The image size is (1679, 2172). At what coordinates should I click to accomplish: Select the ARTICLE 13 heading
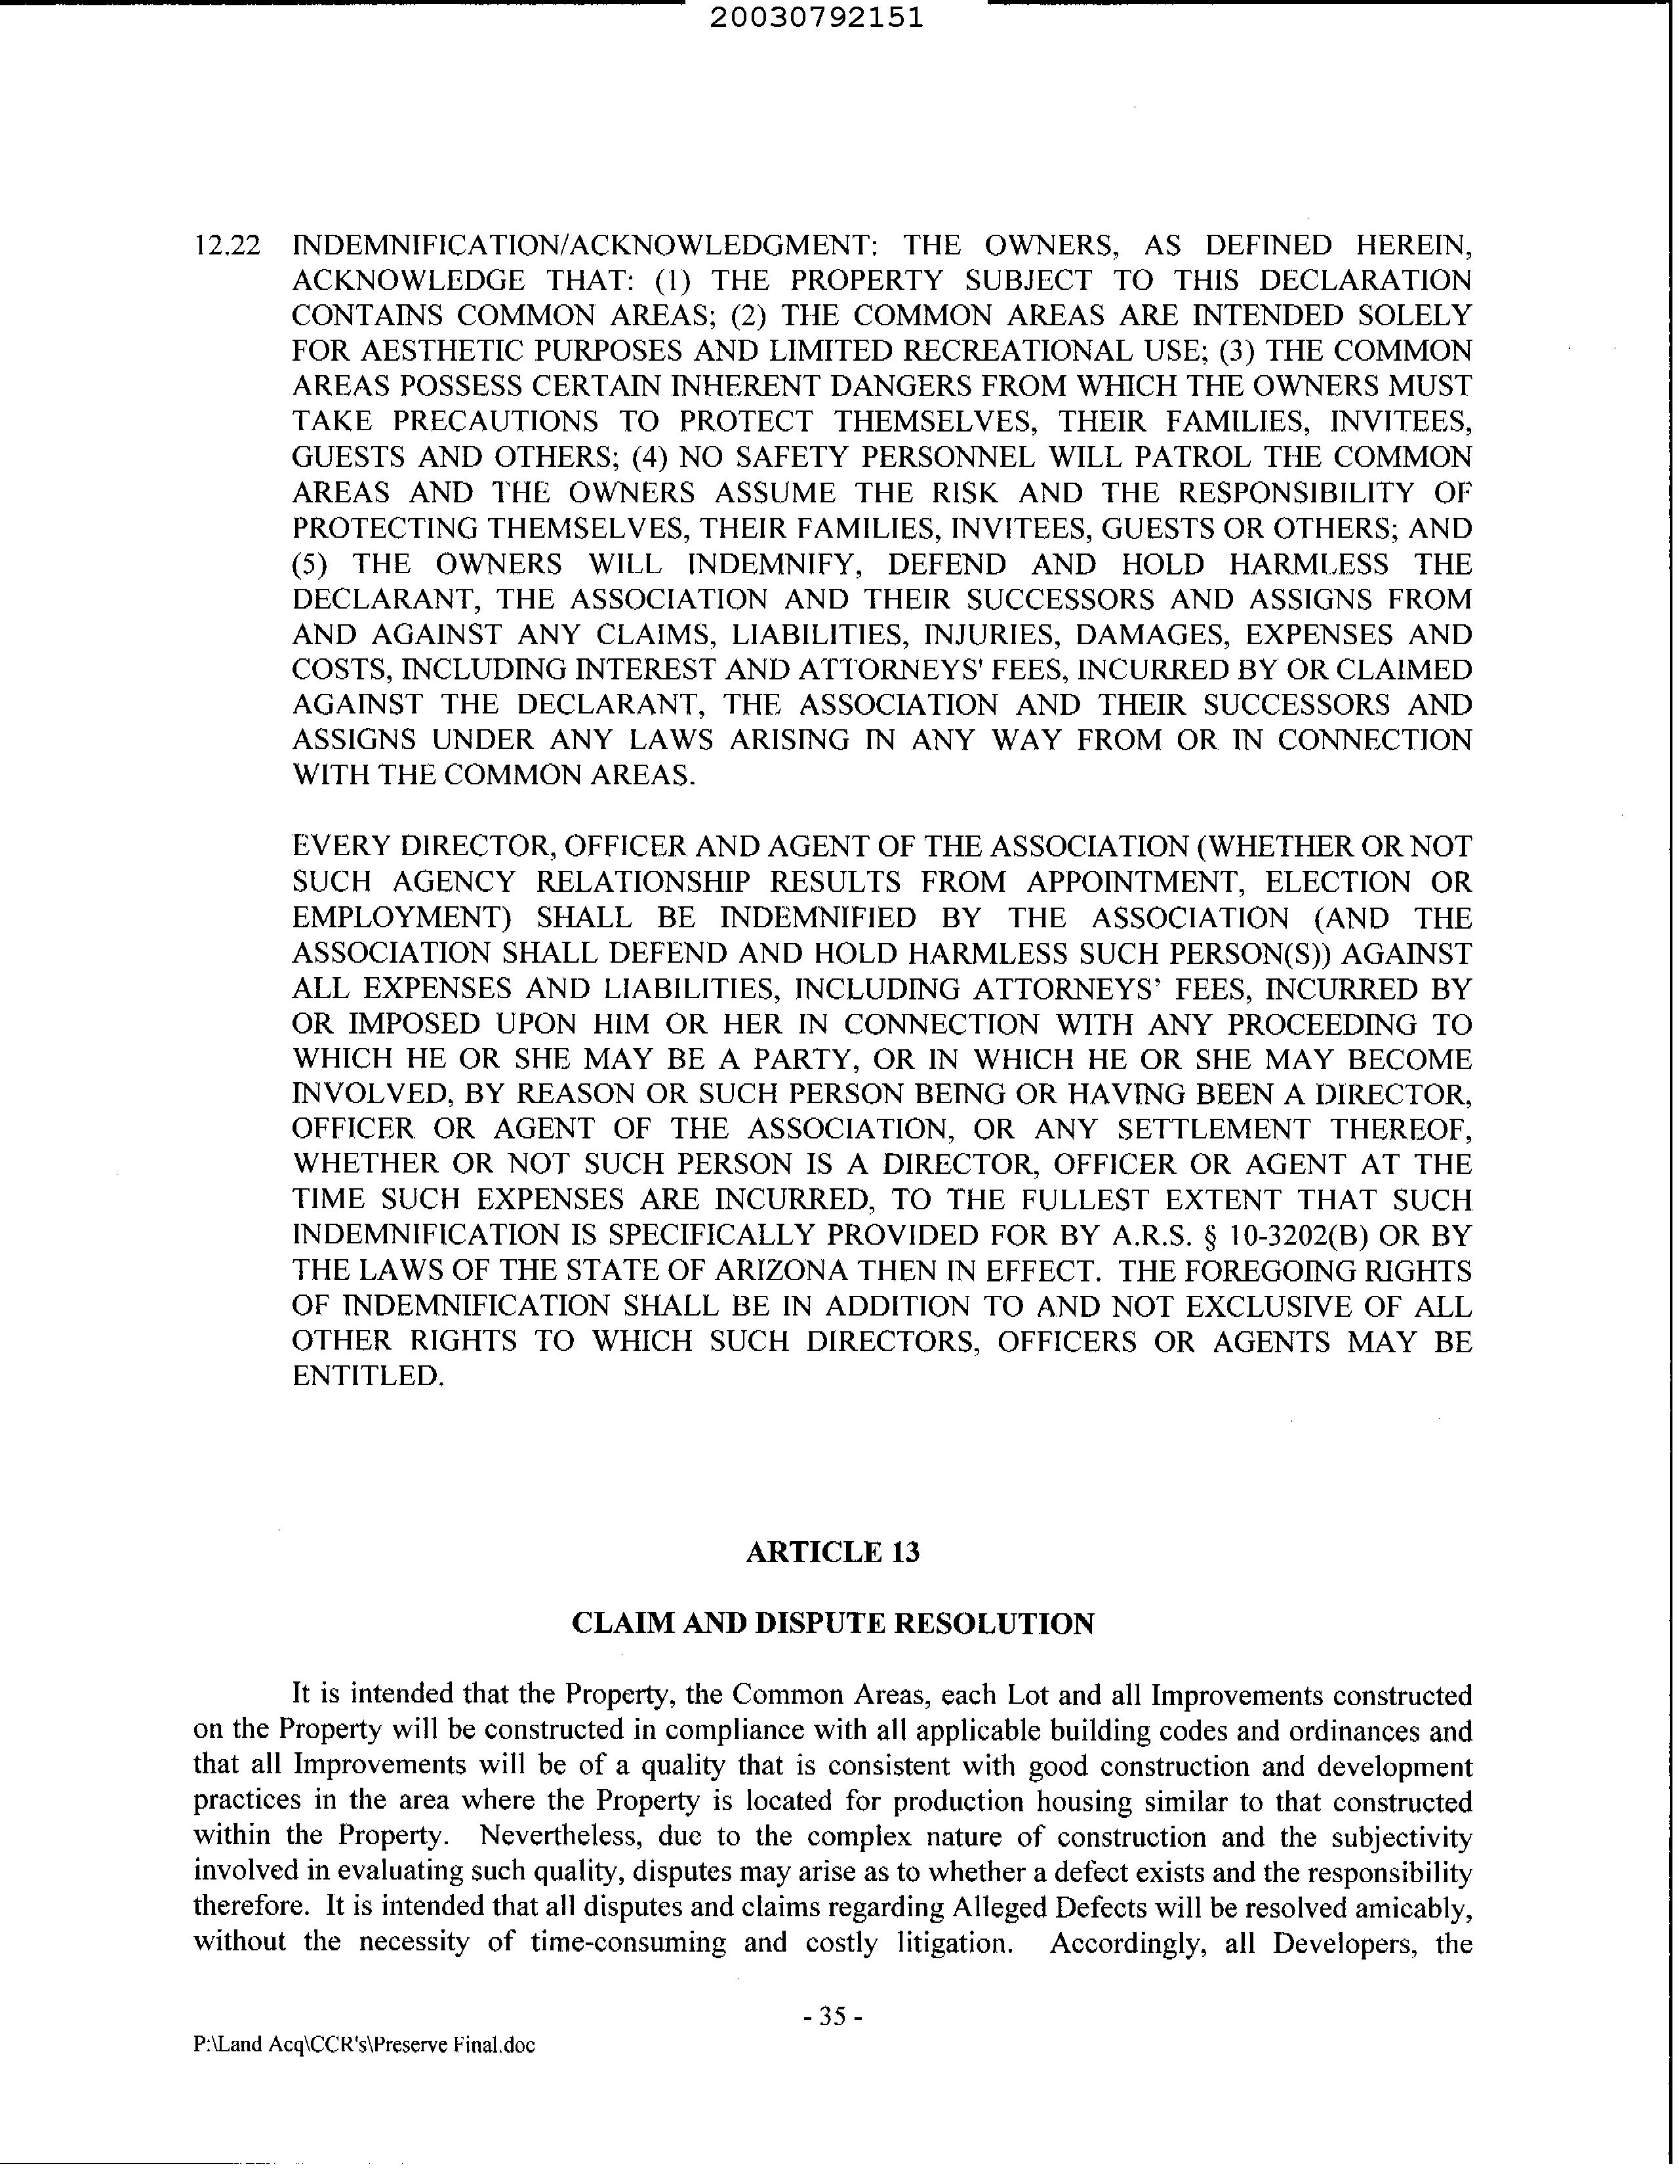click(x=832, y=1552)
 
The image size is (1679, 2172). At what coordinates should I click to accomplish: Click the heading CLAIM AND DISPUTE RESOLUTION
click(x=832, y=1624)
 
